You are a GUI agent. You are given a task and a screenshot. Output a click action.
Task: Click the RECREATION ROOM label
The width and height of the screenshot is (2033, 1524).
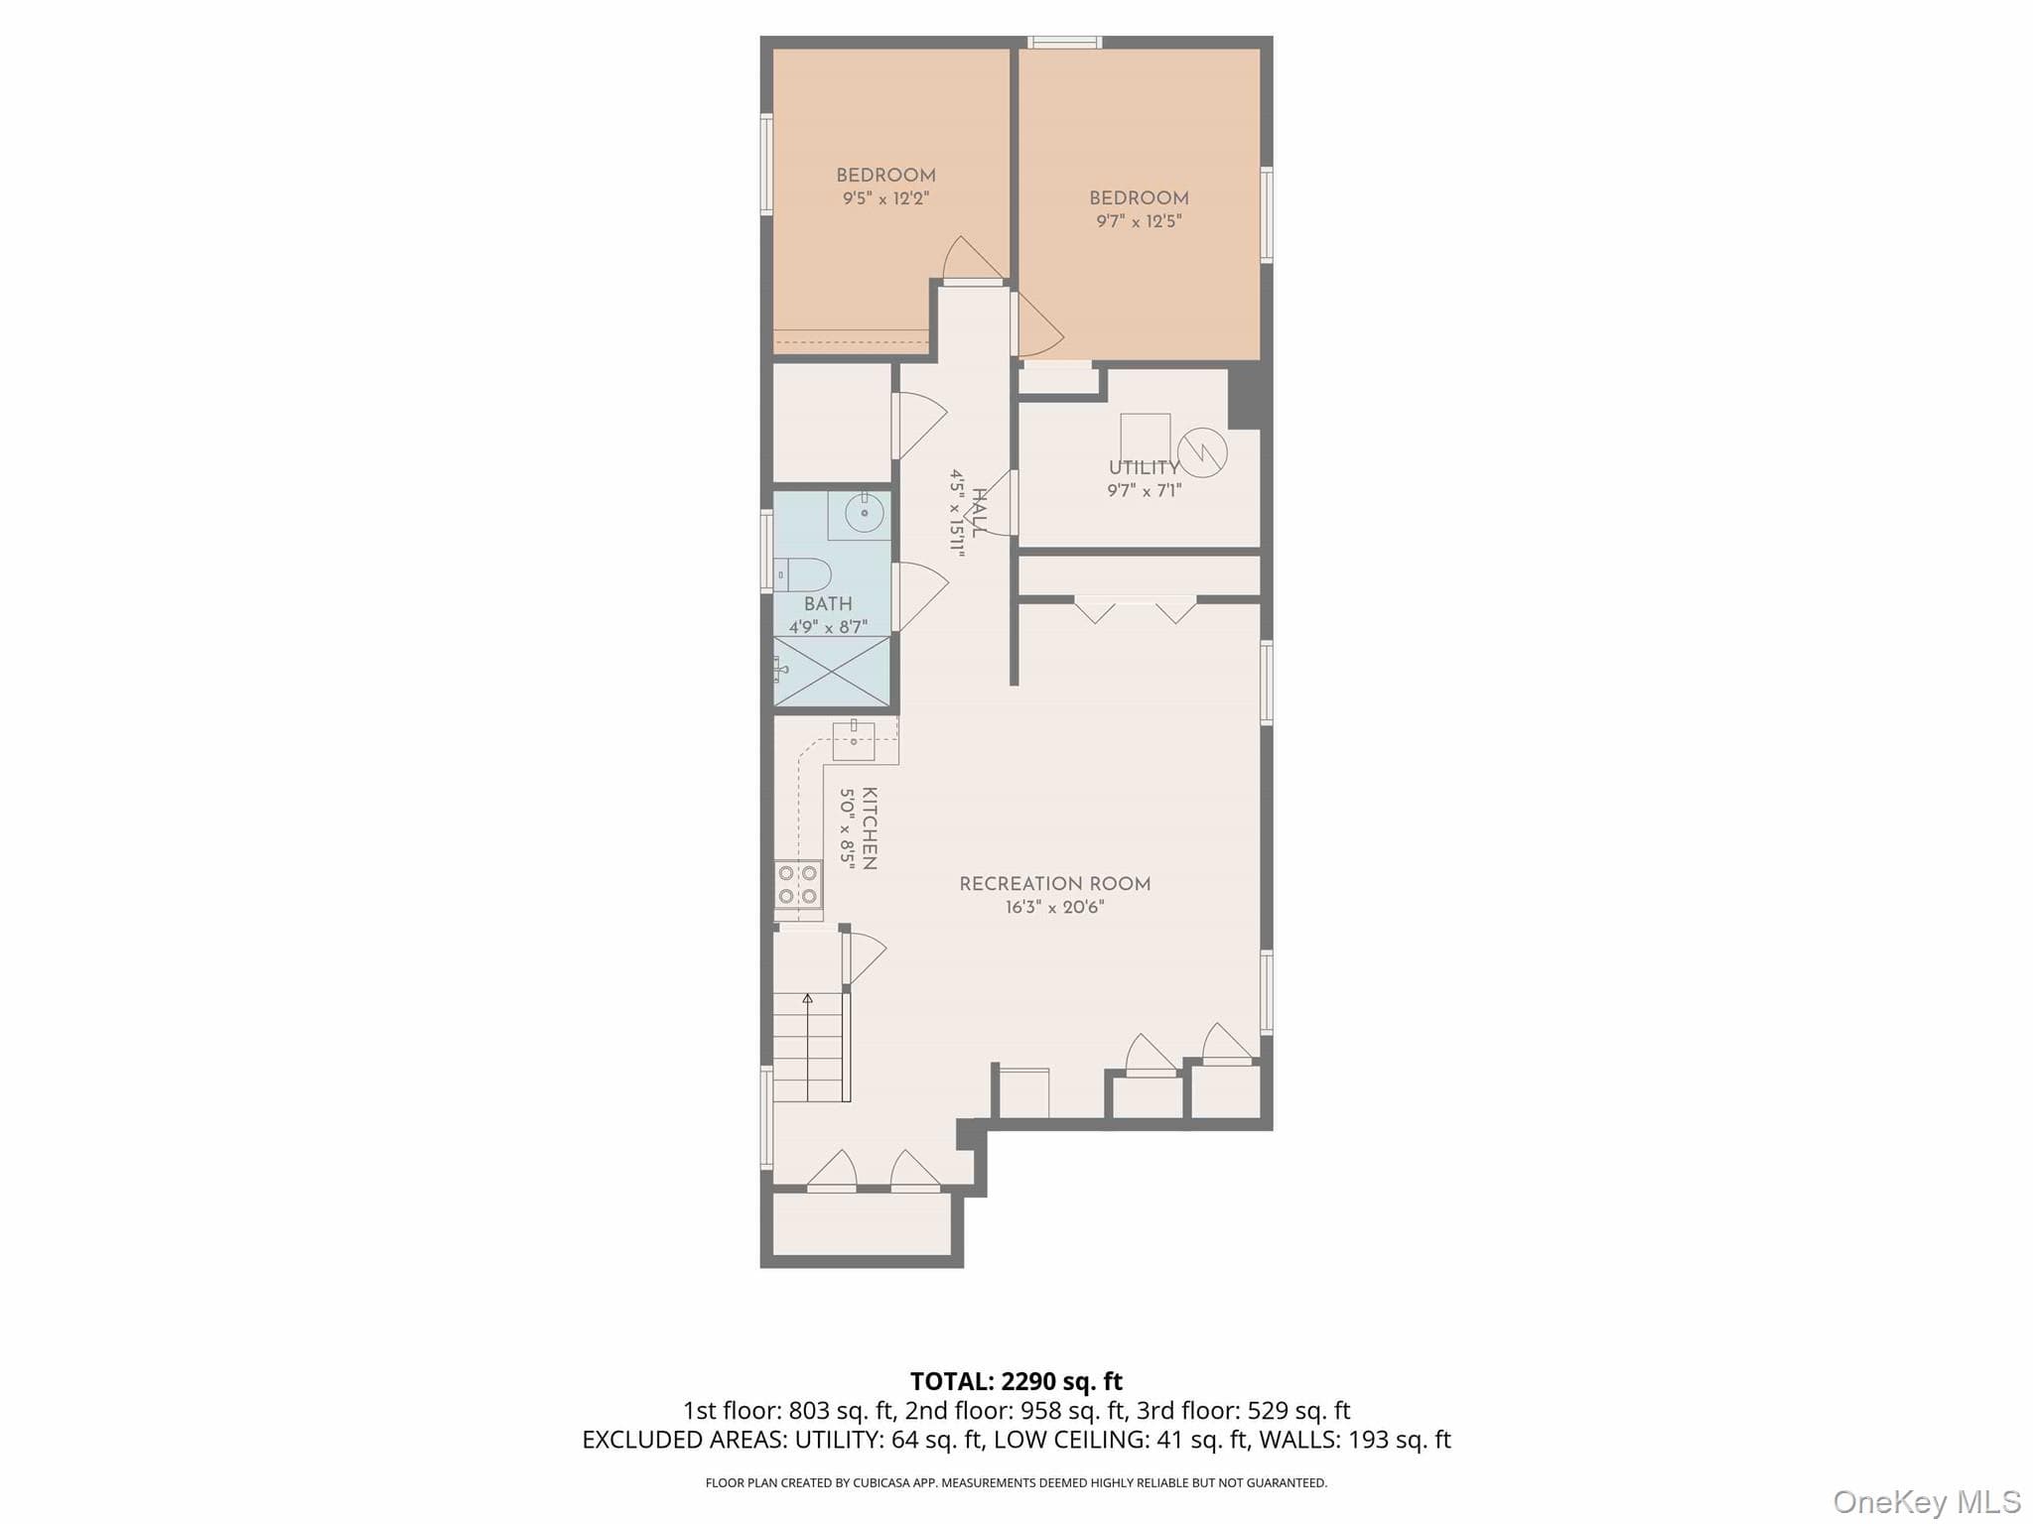[x=1054, y=884]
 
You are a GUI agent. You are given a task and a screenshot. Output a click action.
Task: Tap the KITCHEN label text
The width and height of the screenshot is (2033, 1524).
[x=870, y=828]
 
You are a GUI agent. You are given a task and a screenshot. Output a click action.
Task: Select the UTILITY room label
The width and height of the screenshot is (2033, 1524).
[x=1145, y=467]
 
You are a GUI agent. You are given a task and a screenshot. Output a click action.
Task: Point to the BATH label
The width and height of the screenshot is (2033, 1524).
[x=828, y=604]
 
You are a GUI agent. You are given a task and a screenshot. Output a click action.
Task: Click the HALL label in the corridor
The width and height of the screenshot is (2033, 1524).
[x=979, y=513]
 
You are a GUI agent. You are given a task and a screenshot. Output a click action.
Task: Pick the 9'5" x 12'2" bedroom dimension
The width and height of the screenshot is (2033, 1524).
[x=885, y=198]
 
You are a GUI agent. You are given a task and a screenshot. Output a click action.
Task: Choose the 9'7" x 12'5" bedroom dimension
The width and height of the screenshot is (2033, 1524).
[x=1139, y=221]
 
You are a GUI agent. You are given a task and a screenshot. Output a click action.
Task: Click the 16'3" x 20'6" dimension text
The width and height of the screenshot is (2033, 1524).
[x=1054, y=907]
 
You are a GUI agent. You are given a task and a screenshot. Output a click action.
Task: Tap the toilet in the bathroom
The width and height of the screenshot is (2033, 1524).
[x=802, y=574]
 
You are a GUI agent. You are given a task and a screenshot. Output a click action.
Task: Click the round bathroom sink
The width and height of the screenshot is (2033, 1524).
[x=864, y=513]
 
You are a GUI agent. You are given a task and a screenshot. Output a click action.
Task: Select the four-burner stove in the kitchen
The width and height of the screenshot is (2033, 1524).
[x=798, y=884]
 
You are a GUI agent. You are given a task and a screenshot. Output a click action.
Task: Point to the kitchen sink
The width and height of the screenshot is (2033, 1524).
[x=854, y=741]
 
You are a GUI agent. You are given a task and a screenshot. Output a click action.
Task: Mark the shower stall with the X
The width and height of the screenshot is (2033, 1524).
[x=832, y=672]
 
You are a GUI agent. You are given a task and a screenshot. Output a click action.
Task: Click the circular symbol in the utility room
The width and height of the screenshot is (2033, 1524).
[x=1201, y=452]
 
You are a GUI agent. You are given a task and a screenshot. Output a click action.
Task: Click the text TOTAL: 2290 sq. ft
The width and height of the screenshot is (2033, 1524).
[x=1016, y=1381]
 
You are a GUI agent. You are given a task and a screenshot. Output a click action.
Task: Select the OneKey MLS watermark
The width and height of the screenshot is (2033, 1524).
[x=1927, y=1501]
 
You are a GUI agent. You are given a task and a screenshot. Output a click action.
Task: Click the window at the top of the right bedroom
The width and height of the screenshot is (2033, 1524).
[x=1064, y=42]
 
